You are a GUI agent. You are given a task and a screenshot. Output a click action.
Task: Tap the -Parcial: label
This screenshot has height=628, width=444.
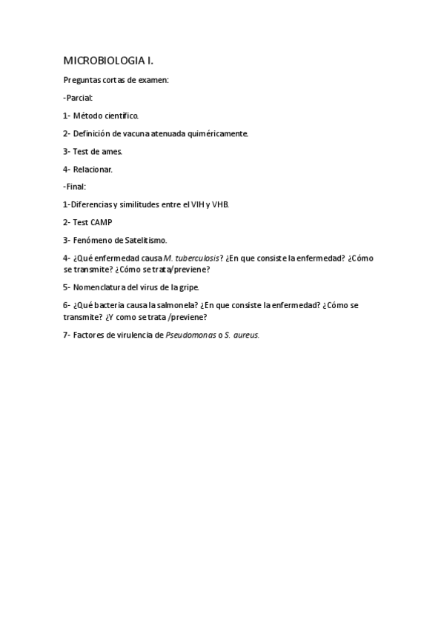coord(78,97)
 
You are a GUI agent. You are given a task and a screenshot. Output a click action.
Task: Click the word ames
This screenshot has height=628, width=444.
coord(111,151)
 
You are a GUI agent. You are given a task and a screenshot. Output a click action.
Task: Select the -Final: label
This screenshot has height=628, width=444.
coord(75,187)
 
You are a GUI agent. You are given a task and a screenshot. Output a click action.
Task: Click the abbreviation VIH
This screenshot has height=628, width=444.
coord(199,204)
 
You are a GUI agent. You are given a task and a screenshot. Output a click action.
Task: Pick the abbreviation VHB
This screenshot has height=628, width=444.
coord(221,204)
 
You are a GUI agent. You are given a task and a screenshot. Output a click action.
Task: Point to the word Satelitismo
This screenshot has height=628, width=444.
coord(141,240)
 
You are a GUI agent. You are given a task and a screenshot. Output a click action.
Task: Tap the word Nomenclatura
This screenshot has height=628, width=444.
coord(100,287)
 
